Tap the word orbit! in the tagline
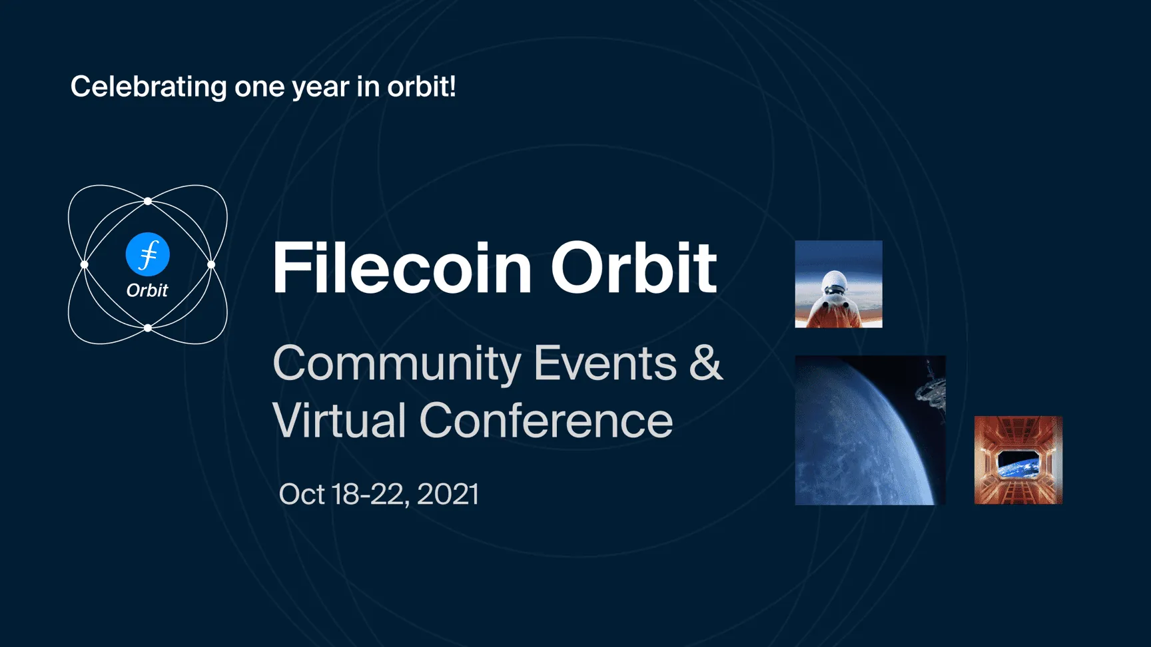click(x=422, y=87)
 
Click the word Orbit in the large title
click(x=633, y=268)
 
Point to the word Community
click(x=397, y=365)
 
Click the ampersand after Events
click(x=706, y=363)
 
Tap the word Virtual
click(x=339, y=420)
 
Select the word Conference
click(x=546, y=421)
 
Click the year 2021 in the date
click(x=448, y=494)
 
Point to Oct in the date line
click(x=302, y=494)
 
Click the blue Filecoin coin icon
click(x=148, y=254)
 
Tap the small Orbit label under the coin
click(x=147, y=290)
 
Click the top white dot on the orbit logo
click(x=148, y=201)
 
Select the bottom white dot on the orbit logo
click(x=148, y=327)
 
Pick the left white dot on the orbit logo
click(x=85, y=264)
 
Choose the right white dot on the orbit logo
click(x=211, y=264)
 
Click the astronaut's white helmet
click(x=834, y=285)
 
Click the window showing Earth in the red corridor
click(x=1018, y=465)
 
